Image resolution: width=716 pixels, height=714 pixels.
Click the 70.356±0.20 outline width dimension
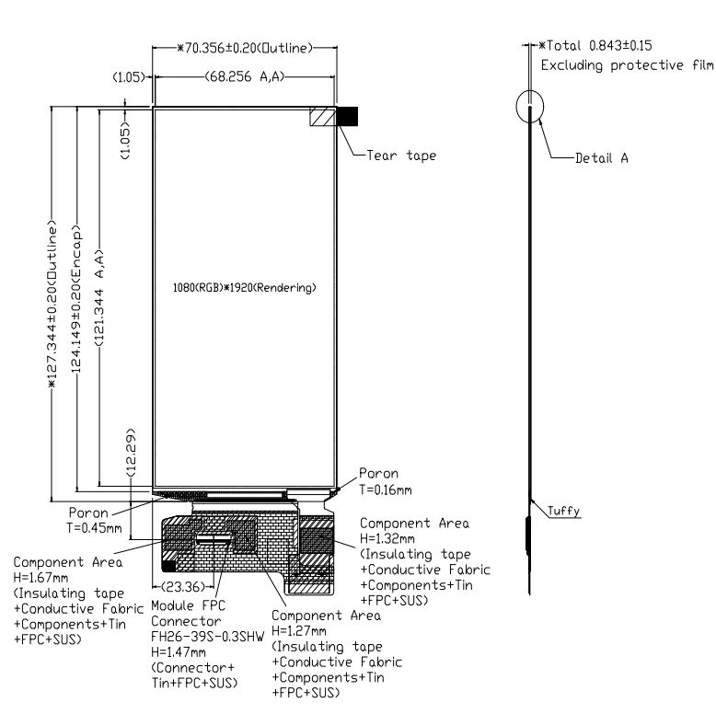click(x=248, y=47)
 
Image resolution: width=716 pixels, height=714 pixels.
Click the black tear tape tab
click(x=349, y=116)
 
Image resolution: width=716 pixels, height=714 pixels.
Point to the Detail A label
click(x=602, y=157)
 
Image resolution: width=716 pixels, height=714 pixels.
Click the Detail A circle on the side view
click(x=532, y=107)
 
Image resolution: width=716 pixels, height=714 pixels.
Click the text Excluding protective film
click(x=627, y=65)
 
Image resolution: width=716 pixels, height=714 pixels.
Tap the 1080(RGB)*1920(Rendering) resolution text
click(x=245, y=287)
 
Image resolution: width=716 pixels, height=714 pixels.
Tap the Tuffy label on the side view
click(x=563, y=511)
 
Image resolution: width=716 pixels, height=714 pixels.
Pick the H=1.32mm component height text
click(x=387, y=538)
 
